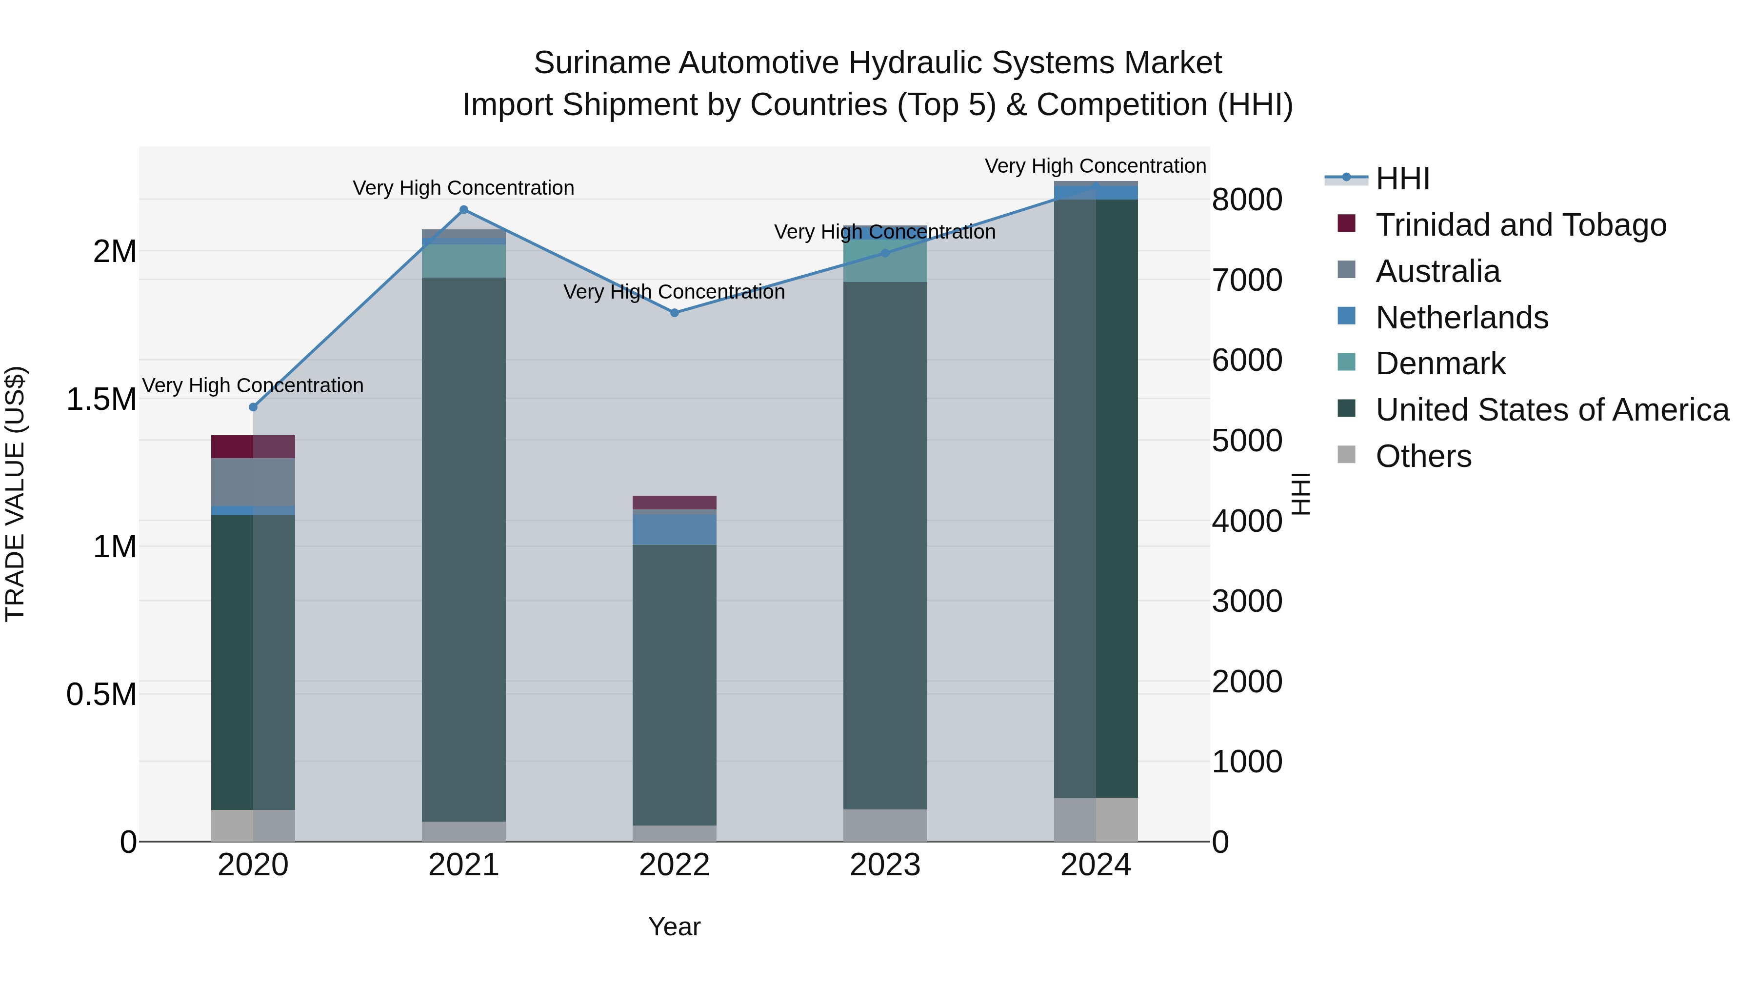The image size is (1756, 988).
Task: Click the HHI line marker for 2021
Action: point(463,210)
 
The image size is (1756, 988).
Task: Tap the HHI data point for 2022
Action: point(674,313)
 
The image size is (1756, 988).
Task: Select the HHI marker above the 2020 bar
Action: point(253,407)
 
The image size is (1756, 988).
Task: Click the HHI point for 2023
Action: point(885,253)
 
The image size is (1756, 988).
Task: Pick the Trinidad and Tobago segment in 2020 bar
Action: point(252,446)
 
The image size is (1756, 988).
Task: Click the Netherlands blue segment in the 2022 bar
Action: point(674,529)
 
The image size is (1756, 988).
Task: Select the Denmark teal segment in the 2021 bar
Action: point(463,261)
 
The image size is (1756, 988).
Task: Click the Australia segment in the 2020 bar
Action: point(252,482)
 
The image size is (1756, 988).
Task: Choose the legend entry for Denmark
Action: point(1440,363)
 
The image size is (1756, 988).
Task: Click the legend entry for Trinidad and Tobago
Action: point(1520,225)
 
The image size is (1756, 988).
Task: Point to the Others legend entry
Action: point(1423,456)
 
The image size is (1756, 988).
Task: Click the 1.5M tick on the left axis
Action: point(101,400)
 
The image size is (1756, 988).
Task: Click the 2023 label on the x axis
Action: point(885,865)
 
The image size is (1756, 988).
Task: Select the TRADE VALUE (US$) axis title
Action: point(15,494)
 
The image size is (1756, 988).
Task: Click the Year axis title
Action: point(674,927)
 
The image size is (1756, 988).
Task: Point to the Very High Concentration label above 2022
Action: point(674,292)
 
